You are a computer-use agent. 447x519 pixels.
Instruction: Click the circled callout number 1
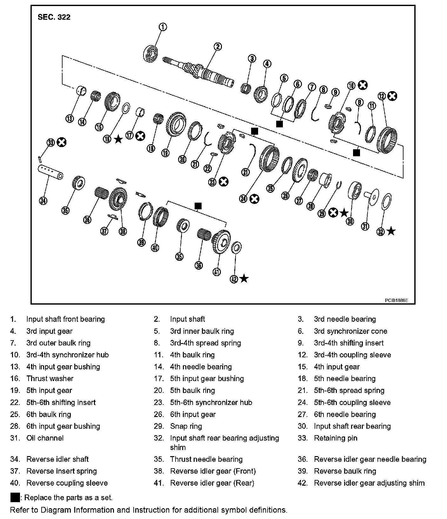pos(163,27)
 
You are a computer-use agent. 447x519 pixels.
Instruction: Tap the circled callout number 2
pos(217,47)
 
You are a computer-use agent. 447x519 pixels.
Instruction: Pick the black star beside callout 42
pos(244,279)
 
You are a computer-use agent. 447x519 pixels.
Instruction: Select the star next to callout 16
pos(118,139)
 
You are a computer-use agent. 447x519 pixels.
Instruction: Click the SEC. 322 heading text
pos(54,17)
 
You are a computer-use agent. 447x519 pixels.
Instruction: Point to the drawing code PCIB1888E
pos(396,300)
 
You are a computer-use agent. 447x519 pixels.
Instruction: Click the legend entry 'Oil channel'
pos(45,438)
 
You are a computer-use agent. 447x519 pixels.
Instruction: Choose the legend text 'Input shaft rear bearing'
pos(352,426)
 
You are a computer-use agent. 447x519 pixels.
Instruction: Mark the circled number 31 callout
pos(365,226)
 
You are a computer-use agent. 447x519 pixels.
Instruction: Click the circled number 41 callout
pos(217,272)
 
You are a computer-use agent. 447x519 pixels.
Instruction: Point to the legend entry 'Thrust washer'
pos(50,379)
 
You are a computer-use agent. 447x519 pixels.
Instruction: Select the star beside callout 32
pos(391,231)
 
